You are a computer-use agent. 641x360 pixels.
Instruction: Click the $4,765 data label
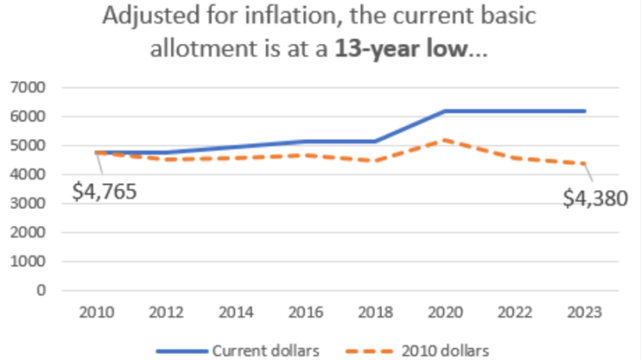104,191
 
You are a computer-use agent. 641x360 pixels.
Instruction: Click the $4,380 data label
595,199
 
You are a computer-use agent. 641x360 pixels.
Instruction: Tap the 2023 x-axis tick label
584,313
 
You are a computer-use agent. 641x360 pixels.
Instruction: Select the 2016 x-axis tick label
304,313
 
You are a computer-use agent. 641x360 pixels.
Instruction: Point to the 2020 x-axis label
445,313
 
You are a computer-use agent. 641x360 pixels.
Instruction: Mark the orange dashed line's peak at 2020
445,140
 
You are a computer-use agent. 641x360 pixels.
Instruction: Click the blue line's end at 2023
584,111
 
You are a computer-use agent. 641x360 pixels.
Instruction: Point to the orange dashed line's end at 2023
584,164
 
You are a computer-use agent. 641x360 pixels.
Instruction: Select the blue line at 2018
375,141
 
